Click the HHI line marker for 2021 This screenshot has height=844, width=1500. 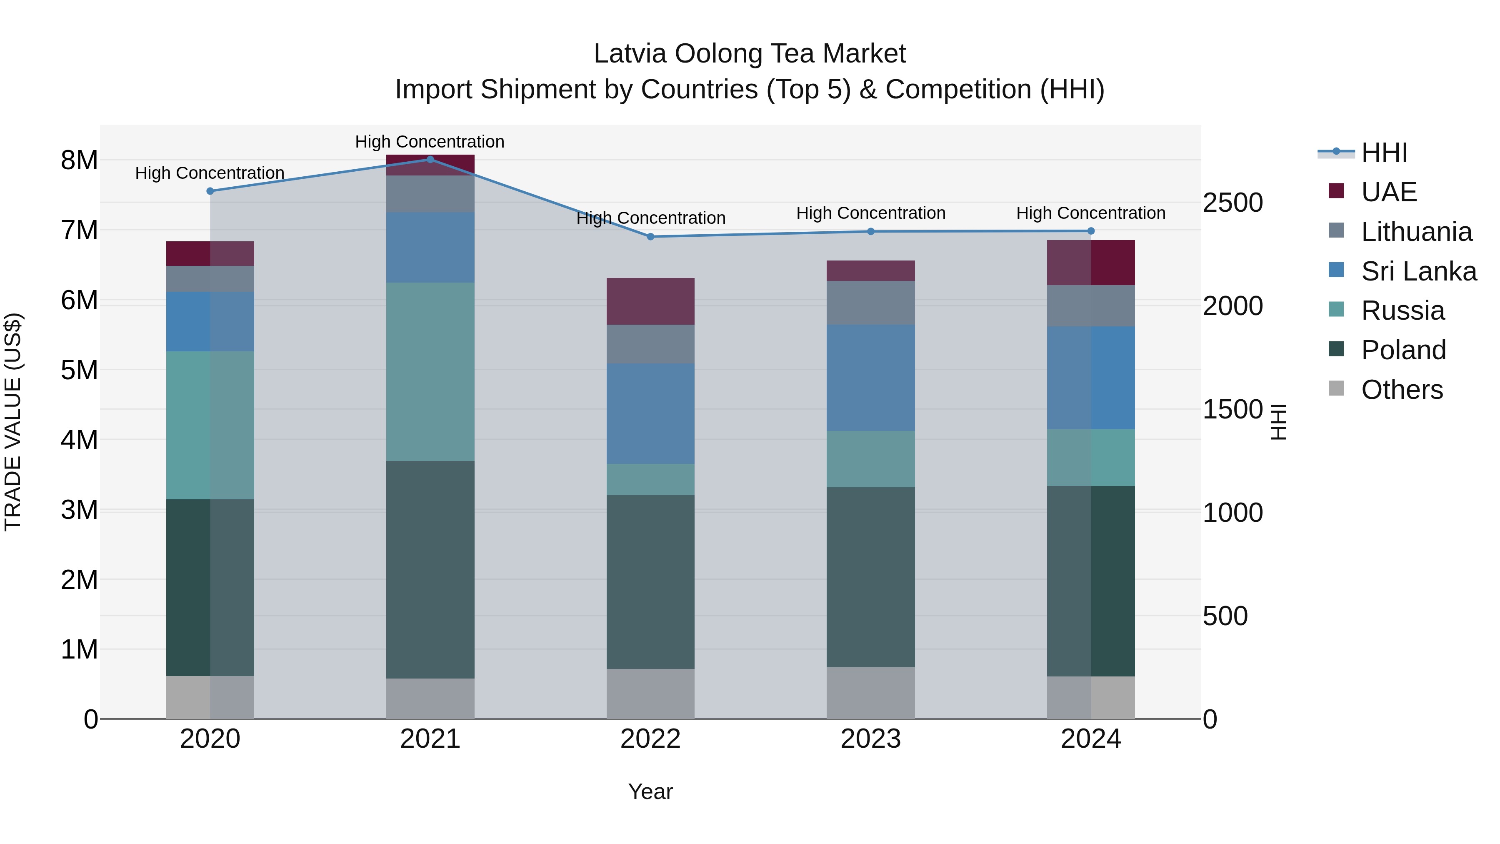point(430,159)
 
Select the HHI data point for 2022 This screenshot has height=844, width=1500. point(650,236)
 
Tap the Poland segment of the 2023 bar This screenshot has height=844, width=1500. point(870,577)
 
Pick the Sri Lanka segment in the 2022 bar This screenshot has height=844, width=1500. point(650,413)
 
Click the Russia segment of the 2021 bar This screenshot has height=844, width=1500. point(430,372)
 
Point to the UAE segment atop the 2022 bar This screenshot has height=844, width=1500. point(650,301)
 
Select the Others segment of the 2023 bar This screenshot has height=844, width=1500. point(870,693)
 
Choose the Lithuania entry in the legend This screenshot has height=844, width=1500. point(1416,232)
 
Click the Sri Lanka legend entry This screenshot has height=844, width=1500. point(1418,271)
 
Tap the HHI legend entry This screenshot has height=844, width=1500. point(1384,153)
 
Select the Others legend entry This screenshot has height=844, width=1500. point(1402,390)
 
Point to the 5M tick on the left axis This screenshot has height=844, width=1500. point(79,370)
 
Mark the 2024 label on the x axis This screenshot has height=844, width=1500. point(1091,739)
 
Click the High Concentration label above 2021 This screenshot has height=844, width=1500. point(430,142)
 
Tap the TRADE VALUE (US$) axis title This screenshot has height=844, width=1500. point(13,422)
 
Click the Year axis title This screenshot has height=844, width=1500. point(650,791)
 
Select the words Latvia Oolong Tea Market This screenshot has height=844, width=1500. point(750,54)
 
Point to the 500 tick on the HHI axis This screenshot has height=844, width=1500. point(1225,616)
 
